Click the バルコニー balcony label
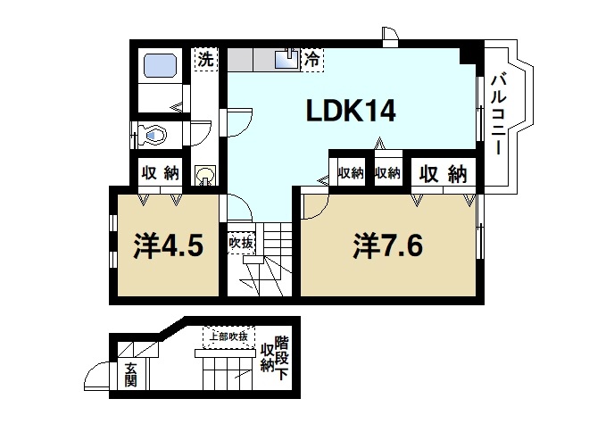(x=499, y=113)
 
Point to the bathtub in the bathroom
(x=161, y=67)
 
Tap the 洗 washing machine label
(x=206, y=61)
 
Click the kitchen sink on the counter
(x=287, y=59)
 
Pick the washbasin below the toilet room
(x=205, y=175)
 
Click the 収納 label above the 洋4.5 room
(x=160, y=173)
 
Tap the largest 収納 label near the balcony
(x=444, y=173)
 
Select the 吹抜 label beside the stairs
(x=241, y=241)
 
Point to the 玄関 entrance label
(x=131, y=374)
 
